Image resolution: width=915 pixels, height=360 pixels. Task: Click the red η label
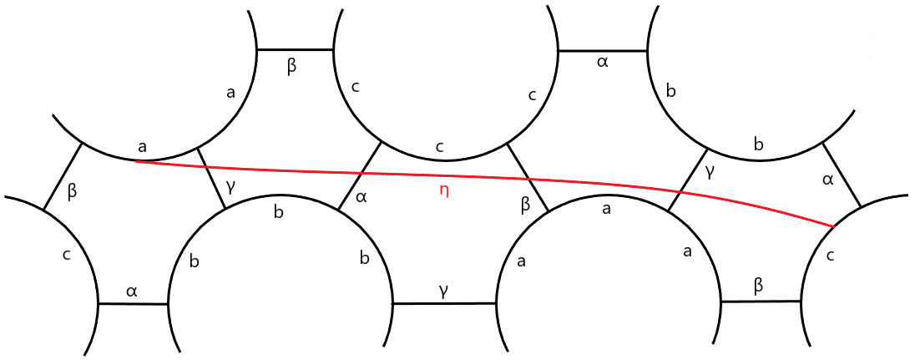[444, 190]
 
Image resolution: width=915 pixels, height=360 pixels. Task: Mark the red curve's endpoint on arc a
[136, 160]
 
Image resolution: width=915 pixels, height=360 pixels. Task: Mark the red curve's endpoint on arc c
[834, 226]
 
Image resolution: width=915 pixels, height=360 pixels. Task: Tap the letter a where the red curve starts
[143, 147]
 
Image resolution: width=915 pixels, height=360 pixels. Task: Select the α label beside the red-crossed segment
[361, 197]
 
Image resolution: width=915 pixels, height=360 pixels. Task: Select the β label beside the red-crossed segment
[525, 203]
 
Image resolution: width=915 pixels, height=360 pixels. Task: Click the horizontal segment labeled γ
[444, 304]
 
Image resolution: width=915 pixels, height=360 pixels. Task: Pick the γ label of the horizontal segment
[444, 289]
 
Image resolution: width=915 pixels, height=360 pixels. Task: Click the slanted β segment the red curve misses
[63, 176]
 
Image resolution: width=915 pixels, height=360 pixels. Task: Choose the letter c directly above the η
[440, 147]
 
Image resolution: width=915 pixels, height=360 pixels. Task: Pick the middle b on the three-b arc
[279, 211]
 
